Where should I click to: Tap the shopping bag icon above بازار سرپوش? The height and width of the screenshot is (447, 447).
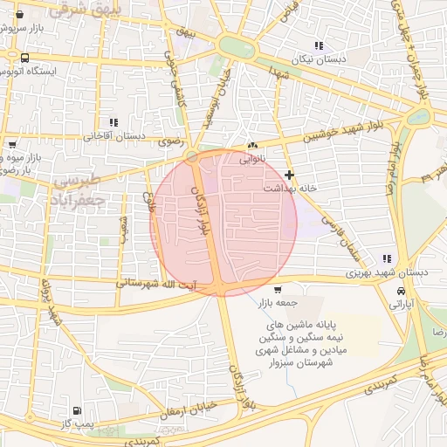19,14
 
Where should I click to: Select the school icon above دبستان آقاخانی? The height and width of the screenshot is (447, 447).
112,123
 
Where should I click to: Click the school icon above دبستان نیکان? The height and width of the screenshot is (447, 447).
319,45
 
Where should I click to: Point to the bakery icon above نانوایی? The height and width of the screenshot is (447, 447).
252,146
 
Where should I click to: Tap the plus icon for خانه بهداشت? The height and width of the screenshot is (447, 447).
289,175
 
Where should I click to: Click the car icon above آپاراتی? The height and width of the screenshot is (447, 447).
400,291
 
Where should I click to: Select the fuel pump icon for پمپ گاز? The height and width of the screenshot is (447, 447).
78,409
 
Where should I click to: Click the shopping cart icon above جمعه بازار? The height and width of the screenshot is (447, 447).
278,289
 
